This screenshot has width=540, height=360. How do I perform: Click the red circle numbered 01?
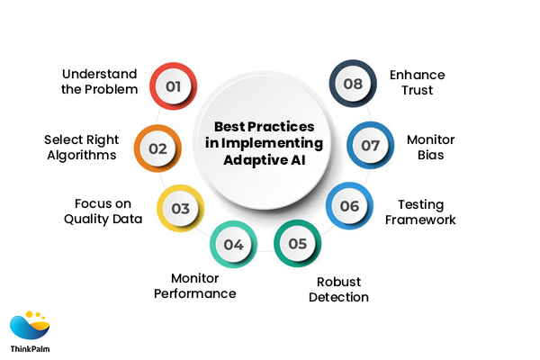pyautogui.click(x=173, y=87)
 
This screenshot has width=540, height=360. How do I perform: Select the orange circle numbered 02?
pyautogui.click(x=158, y=148)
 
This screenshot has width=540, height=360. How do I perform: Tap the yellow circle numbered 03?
pyautogui.click(x=181, y=209)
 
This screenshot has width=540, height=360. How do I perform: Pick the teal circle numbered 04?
pyautogui.click(x=233, y=244)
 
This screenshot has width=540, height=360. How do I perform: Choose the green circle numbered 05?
pyautogui.click(x=296, y=244)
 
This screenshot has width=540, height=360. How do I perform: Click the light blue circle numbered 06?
pyautogui.click(x=349, y=206)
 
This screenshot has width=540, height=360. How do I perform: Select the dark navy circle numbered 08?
pyautogui.click(x=352, y=84)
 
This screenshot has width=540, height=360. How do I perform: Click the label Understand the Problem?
pyautogui.click(x=101, y=81)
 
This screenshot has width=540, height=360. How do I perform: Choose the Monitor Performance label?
pyautogui.click(x=203, y=285)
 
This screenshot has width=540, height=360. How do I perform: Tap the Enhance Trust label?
pyautogui.click(x=417, y=82)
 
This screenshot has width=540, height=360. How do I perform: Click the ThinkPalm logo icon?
pyautogui.click(x=30, y=324)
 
